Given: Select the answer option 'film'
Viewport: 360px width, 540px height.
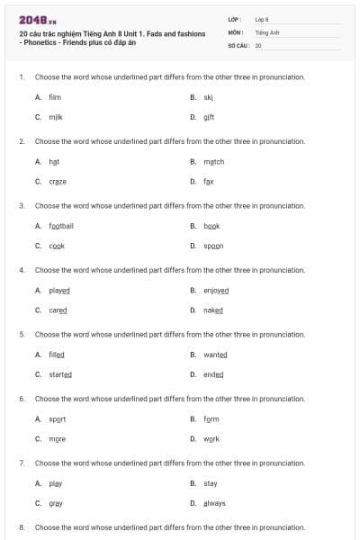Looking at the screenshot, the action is click(x=54, y=96).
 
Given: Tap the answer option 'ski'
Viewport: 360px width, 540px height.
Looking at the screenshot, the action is click(x=208, y=96).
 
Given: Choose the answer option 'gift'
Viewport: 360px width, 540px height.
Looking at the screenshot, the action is click(x=209, y=117).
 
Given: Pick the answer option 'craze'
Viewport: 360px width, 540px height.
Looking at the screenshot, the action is click(x=58, y=181).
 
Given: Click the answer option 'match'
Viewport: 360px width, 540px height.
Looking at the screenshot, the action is click(x=213, y=161).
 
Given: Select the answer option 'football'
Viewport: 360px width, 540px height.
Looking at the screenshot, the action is click(x=61, y=225).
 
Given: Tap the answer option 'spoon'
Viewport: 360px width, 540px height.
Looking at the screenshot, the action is click(x=213, y=246).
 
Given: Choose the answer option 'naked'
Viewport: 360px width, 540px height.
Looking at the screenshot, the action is click(x=213, y=310).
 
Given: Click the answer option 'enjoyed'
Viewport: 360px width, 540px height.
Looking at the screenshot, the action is click(x=216, y=290).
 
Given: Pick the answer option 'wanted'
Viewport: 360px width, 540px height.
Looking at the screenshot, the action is click(x=215, y=354).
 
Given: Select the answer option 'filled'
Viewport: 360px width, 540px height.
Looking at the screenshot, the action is click(x=57, y=354).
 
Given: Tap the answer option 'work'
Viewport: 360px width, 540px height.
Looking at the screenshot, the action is click(x=211, y=439).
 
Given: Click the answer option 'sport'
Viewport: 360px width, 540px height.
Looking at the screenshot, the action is click(x=58, y=418).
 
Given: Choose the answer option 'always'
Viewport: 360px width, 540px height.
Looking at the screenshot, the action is click(x=214, y=503).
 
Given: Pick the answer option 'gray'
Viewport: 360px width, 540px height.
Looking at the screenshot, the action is click(x=56, y=503).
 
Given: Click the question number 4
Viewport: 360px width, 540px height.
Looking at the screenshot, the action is click(x=22, y=269).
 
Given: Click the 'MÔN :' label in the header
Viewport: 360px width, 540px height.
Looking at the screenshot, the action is click(x=237, y=31).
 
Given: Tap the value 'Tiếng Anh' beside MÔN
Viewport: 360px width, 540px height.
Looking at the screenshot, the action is click(x=267, y=31).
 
